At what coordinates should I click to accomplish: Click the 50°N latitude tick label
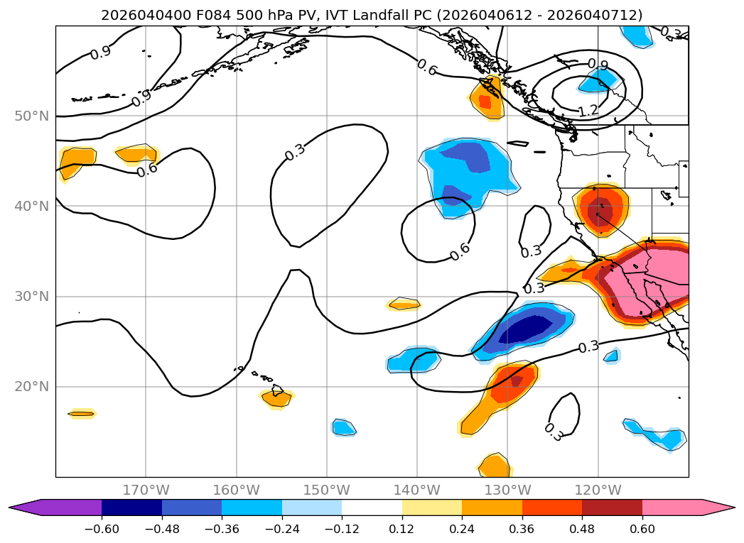click(32, 116)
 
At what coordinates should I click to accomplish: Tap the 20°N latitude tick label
click(32, 387)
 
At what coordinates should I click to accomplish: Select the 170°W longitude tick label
click(146, 490)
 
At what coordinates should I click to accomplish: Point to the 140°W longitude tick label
click(417, 490)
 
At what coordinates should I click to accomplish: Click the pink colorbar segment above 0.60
click(672, 507)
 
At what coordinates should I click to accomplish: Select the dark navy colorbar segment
click(131, 507)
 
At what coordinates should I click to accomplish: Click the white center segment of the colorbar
click(372, 507)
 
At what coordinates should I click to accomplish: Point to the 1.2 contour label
click(588, 111)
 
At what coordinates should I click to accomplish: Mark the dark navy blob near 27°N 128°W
click(527, 329)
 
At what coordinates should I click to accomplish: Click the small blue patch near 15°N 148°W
click(344, 427)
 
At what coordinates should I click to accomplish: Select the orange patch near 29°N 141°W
click(404, 304)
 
